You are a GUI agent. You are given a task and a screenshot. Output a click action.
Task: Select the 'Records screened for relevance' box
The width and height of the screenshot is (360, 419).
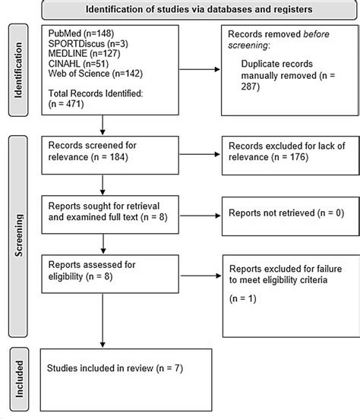[103, 151]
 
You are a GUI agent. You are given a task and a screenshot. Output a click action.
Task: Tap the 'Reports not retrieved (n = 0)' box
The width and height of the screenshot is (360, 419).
[279, 214]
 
